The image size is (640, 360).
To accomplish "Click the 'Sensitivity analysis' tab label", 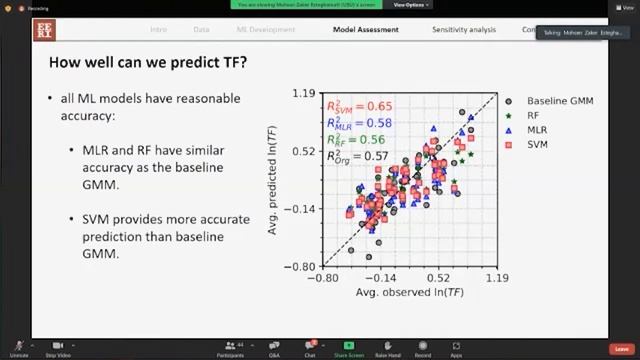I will tap(463, 29).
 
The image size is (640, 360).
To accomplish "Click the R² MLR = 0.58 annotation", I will tap(358, 123).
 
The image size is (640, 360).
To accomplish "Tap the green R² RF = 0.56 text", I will tap(356, 140).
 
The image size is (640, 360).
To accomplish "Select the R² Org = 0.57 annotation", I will tap(357, 156).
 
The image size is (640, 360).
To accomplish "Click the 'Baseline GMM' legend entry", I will tap(559, 101).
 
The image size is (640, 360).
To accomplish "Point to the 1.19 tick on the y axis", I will tap(304, 94).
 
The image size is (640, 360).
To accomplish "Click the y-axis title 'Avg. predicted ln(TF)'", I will tap(272, 181).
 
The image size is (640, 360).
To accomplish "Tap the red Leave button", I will tap(624, 349).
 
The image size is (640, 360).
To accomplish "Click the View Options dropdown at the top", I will tap(411, 4).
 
